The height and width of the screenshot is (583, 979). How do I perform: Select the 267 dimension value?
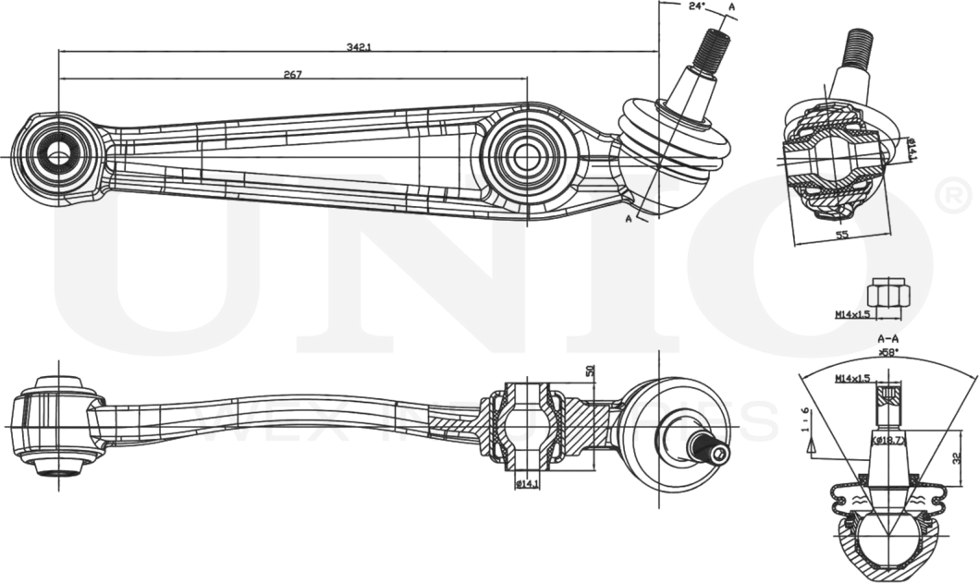pyautogui.click(x=293, y=75)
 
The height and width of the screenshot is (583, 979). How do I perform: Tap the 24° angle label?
pyautogui.click(x=697, y=6)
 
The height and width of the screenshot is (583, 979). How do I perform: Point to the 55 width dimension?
pyautogui.click(x=841, y=236)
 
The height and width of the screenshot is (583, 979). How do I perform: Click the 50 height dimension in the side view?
pyautogui.click(x=590, y=370)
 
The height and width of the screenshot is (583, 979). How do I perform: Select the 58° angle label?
pyautogui.click(x=888, y=352)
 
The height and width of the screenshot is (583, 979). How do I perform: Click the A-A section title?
pyautogui.click(x=888, y=339)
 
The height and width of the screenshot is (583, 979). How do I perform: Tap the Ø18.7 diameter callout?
pyautogui.click(x=890, y=441)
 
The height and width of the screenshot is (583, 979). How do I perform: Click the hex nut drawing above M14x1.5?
pyautogui.click(x=888, y=295)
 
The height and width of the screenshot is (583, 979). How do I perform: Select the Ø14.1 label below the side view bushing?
pyautogui.click(x=527, y=483)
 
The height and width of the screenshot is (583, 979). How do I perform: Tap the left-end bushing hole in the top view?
pyautogui.click(x=58, y=153)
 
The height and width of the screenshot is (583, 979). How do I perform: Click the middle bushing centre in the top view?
pyautogui.click(x=527, y=155)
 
